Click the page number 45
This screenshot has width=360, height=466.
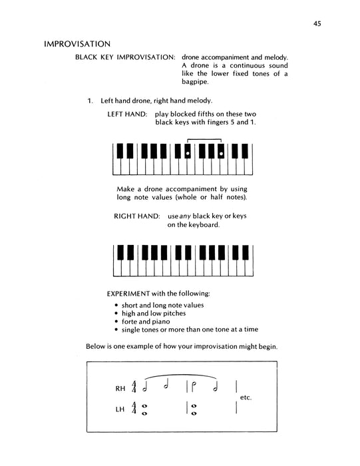click(317, 25)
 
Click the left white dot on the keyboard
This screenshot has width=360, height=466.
click(188, 154)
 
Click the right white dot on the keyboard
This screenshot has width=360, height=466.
click(220, 154)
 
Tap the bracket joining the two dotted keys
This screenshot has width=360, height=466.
click(204, 139)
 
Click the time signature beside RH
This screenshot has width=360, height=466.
click(135, 387)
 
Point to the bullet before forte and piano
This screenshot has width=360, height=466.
click(116, 321)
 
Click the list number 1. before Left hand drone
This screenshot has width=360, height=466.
click(90, 101)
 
